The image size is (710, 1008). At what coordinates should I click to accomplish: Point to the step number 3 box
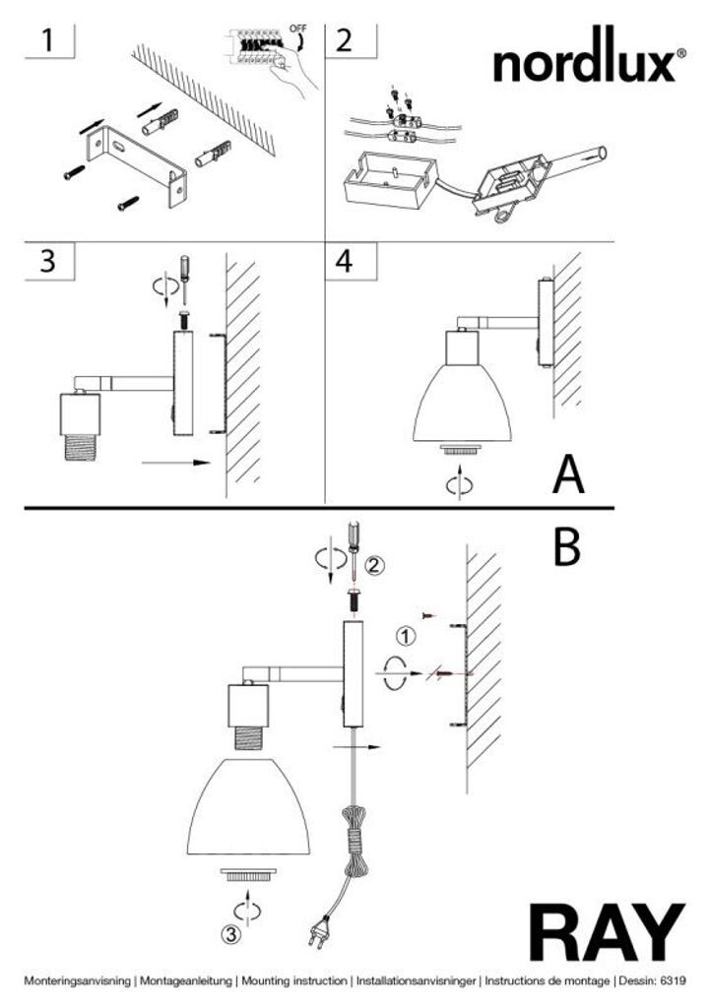48,262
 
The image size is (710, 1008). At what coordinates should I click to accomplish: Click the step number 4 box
344,262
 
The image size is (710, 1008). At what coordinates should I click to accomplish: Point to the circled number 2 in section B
373,565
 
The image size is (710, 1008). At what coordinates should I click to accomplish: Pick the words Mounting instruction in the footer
293,981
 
